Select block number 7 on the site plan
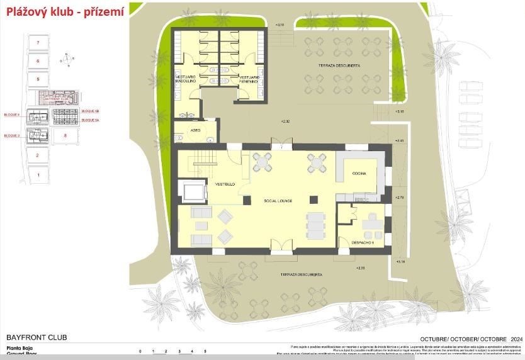[38, 42]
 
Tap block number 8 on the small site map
[65, 135]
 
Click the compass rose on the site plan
[65, 60]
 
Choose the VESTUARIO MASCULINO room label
[186, 79]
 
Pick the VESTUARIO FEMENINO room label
[249, 79]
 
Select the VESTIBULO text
[225, 184]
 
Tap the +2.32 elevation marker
[287, 121]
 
